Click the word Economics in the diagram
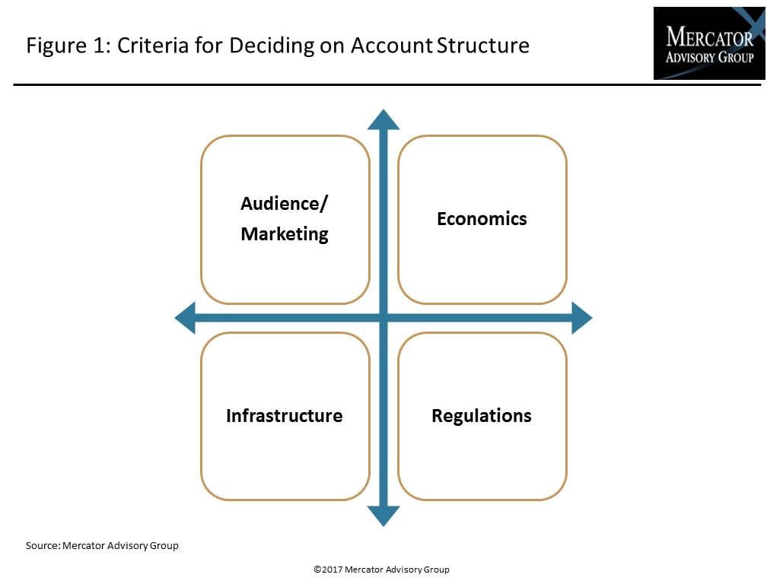coord(482,219)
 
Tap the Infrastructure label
coord(285,416)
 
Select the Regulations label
coord(482,417)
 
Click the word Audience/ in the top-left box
coord(285,204)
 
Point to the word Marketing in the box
coord(285,234)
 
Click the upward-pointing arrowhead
coord(383,119)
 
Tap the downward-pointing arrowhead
coord(383,516)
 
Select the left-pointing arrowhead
coord(185,318)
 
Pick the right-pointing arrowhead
coord(582,318)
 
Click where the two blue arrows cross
coord(383,318)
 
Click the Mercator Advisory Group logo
coord(709,43)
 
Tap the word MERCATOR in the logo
coord(709,36)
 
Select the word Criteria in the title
coord(153,46)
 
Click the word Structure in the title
coord(482,46)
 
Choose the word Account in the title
coord(391,46)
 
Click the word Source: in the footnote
coord(43,545)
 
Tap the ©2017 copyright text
coord(381,570)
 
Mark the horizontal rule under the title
coord(387,84)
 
